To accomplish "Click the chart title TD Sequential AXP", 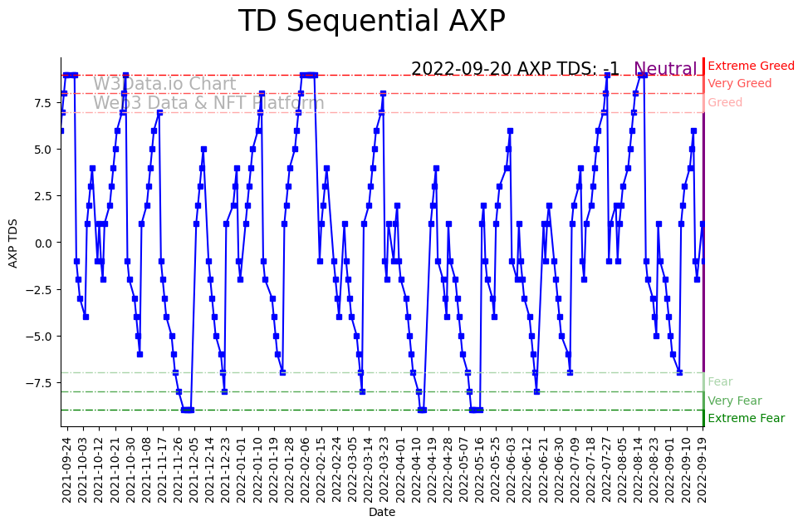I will (x=371, y=21).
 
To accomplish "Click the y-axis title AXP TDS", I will (x=13, y=242).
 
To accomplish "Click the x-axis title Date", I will (x=382, y=513).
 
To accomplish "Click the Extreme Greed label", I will (x=751, y=66).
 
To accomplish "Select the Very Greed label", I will (x=739, y=84).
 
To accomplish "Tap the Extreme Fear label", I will (x=746, y=419).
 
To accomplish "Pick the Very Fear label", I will (x=734, y=401).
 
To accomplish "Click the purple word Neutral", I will (x=665, y=70).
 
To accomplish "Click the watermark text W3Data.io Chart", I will (x=164, y=84).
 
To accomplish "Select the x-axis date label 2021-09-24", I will (x=67, y=469).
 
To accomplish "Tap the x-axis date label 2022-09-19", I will (x=703, y=469).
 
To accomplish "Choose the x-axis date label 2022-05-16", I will (x=480, y=469).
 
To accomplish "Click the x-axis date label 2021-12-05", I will (x=194, y=469).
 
